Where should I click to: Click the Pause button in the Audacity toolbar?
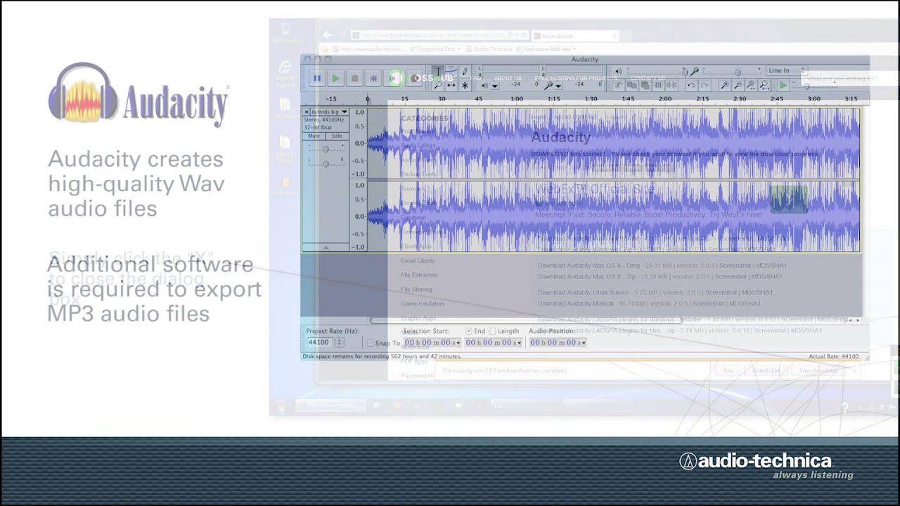point(316,79)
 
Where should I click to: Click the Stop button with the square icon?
point(355,79)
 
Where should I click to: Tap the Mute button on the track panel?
point(315,136)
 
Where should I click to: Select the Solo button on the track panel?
point(337,136)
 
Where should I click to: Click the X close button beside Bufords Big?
point(307,112)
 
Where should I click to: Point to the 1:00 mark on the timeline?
point(516,99)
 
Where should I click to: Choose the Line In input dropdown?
point(783,70)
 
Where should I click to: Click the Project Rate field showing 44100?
point(319,342)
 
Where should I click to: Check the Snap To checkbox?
point(371,343)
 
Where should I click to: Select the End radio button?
point(469,331)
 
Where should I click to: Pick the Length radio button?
point(493,331)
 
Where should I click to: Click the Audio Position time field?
point(556,342)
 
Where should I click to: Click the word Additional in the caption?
point(100,265)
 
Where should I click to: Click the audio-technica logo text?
point(756,461)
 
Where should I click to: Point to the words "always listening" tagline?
point(813,475)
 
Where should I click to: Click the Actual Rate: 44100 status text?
point(833,356)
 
